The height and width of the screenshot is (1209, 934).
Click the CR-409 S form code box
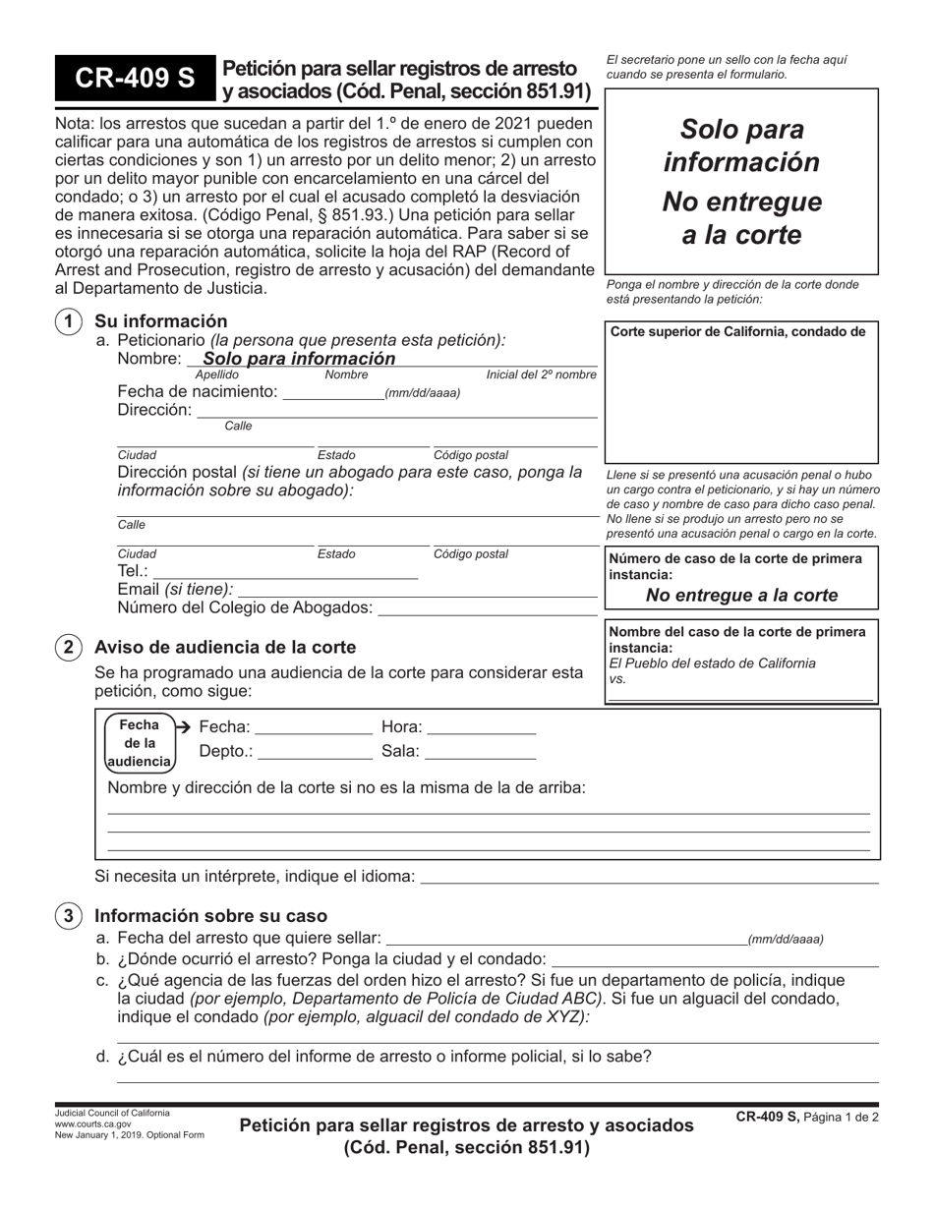coord(133,80)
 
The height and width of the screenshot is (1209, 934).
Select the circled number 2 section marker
coord(68,647)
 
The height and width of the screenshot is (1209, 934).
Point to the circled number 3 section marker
coord(68,916)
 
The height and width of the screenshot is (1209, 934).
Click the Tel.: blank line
coord(285,571)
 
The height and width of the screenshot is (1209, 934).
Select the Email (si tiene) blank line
coord(417,590)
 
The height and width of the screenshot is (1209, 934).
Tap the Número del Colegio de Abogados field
coord(488,608)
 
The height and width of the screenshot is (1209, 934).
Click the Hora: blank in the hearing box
coord(482,728)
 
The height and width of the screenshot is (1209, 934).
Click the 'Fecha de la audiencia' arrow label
coord(141,742)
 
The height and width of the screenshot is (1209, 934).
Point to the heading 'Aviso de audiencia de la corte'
coord(225,647)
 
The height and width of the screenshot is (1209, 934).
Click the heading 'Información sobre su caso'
coord(210,916)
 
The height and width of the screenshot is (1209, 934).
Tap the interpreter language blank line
coord(649,877)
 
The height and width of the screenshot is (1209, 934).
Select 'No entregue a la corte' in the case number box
coord(741,595)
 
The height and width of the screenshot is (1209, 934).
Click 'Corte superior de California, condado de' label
coord(738,331)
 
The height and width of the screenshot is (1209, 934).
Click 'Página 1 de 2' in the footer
coord(841,1118)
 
